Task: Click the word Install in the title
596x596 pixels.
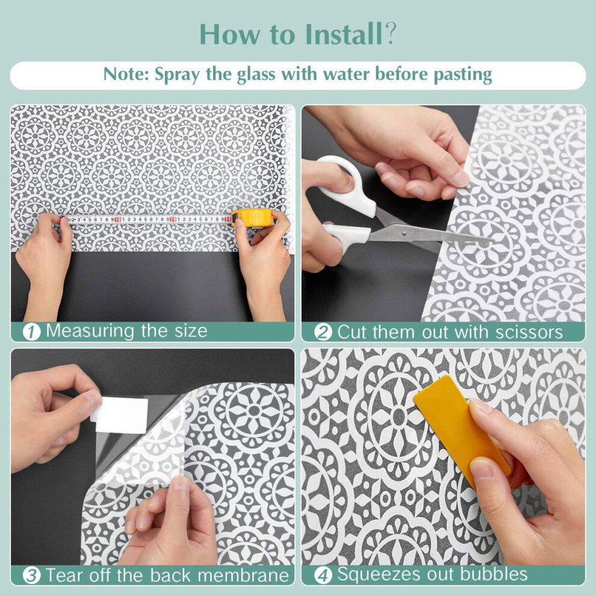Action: click(344, 34)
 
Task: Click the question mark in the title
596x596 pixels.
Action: click(390, 34)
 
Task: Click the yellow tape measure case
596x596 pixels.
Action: click(252, 218)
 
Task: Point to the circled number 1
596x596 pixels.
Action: click(31, 332)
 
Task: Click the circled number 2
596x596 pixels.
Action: click(323, 332)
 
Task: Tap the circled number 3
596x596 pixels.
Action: click(31, 576)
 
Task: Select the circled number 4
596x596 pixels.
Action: click(323, 576)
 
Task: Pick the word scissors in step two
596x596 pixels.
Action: click(529, 332)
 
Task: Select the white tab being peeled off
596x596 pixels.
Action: click(120, 415)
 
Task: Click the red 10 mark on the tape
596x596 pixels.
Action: click(117, 219)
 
